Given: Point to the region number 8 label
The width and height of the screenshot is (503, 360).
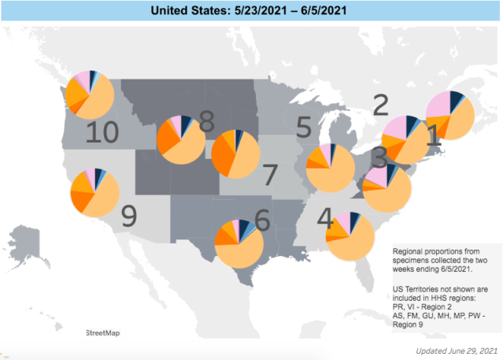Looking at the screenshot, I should point(206,121).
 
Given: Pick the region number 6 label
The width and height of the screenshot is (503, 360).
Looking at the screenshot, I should point(261,217).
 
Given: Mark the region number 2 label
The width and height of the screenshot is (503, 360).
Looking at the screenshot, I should point(380,103).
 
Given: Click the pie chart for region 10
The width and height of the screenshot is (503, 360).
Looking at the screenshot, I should point(89,94).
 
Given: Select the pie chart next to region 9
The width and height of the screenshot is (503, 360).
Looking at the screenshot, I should point(94,192).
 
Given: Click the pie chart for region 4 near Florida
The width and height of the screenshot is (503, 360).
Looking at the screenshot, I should point(350,235).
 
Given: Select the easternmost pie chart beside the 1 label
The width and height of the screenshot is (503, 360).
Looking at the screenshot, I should point(449,115).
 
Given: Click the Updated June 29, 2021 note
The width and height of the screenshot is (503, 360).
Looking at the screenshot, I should point(457,349).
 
